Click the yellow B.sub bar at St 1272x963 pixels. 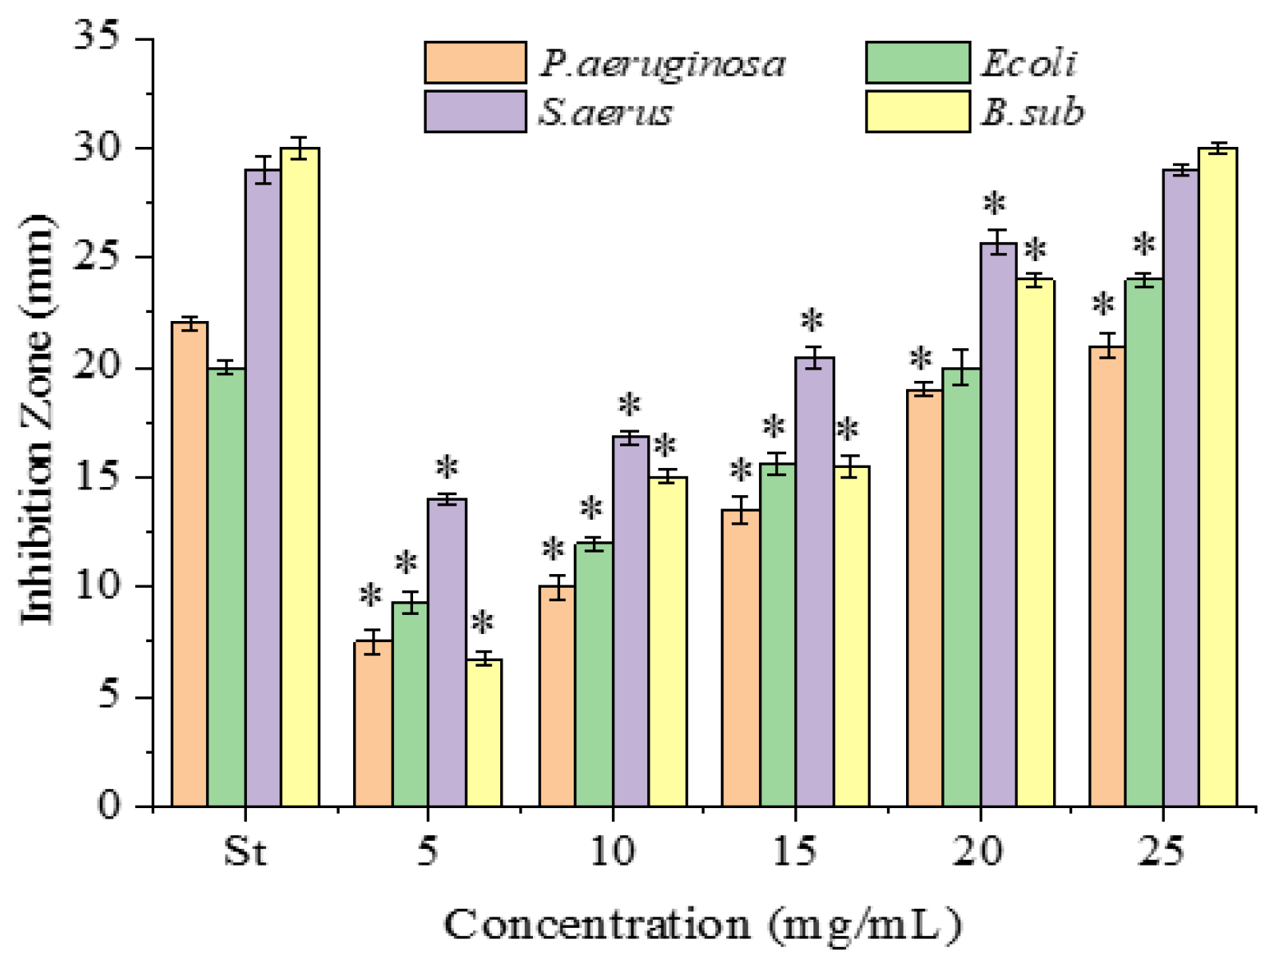300,479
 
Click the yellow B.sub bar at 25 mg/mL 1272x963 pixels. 1218,479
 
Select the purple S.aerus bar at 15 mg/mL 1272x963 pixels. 813,583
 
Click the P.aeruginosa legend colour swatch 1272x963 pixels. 475,63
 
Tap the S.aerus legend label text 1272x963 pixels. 606,113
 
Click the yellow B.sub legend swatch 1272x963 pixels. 917,111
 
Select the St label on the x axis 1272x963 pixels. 244,851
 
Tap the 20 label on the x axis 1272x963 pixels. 978,851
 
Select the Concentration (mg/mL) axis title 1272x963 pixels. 703,925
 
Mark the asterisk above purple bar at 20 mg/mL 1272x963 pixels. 994,205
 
